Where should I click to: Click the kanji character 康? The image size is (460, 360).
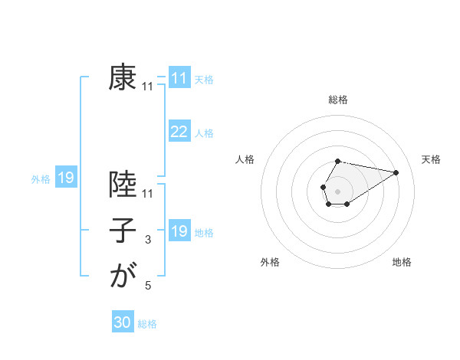123,77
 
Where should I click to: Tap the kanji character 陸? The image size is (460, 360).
123,186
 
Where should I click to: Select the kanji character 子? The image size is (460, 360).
123,231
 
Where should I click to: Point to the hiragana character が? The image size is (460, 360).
123,275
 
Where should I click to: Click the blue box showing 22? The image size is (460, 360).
179,132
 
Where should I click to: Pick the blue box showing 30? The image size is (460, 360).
123,322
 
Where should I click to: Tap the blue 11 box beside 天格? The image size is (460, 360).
179,78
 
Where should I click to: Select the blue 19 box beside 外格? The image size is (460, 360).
65,178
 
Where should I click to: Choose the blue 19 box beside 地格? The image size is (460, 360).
179,231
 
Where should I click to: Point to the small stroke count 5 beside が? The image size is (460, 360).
148,286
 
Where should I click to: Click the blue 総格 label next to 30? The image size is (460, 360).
147,324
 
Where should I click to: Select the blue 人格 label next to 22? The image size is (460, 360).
204,133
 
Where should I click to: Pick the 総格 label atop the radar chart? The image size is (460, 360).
337,100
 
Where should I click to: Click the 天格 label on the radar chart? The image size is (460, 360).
431,159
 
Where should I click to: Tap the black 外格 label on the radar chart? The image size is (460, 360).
270,262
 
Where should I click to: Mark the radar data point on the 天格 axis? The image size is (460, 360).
396,172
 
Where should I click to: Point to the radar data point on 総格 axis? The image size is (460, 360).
337,161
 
